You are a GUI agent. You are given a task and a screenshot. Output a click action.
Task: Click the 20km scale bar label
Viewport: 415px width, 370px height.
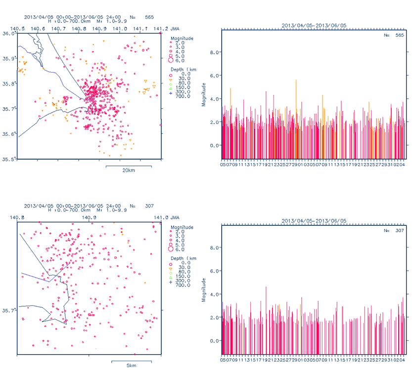(x=128, y=170)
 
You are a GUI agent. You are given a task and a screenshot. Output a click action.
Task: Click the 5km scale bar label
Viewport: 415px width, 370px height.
(x=132, y=366)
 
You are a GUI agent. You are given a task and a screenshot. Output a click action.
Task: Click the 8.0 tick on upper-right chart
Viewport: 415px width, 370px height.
(x=213, y=52)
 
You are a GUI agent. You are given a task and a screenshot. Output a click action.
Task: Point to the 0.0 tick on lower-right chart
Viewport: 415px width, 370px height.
(x=213, y=341)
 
